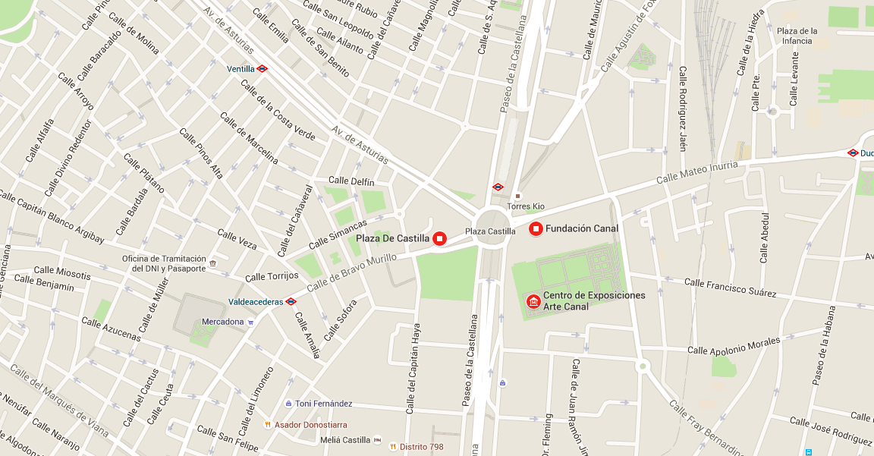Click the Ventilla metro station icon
coord(263,69)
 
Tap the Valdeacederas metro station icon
coord(291,301)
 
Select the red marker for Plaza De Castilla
coord(439,238)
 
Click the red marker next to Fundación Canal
coord(536,228)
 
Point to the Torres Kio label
coord(526,206)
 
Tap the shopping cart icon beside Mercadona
coord(251,322)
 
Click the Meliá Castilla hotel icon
coord(378,440)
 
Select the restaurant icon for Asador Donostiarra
coord(267,425)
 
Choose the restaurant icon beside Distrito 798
coord(393,447)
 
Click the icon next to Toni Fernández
coord(288,404)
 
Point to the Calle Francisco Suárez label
coord(730,288)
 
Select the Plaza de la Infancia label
coord(797,36)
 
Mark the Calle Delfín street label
coord(352,182)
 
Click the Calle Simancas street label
coord(338,233)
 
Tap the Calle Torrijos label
coord(272,277)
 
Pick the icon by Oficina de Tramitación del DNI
coord(213,263)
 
